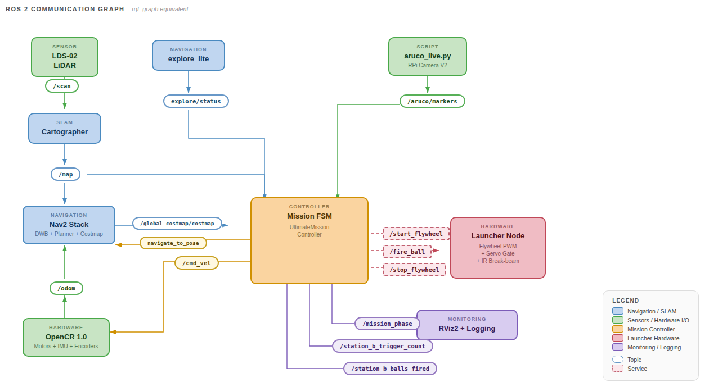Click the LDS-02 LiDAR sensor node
(x=65, y=57)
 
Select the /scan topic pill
(x=62, y=86)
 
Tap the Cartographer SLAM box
(x=65, y=128)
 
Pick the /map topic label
(x=66, y=174)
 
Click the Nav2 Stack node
(x=69, y=225)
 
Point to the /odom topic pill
(x=66, y=288)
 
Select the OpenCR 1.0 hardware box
(x=66, y=337)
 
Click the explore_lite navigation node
(x=189, y=55)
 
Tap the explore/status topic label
(x=196, y=101)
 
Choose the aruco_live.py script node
(x=427, y=56)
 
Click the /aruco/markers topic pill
(x=432, y=101)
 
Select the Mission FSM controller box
(x=309, y=240)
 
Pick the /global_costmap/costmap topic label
(x=177, y=223)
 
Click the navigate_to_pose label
(x=173, y=243)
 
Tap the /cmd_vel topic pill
(x=197, y=262)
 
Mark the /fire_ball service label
(x=407, y=251)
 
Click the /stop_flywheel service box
(x=415, y=270)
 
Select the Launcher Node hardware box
(x=497, y=248)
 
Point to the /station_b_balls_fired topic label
(x=390, y=369)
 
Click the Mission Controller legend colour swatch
(x=618, y=329)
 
